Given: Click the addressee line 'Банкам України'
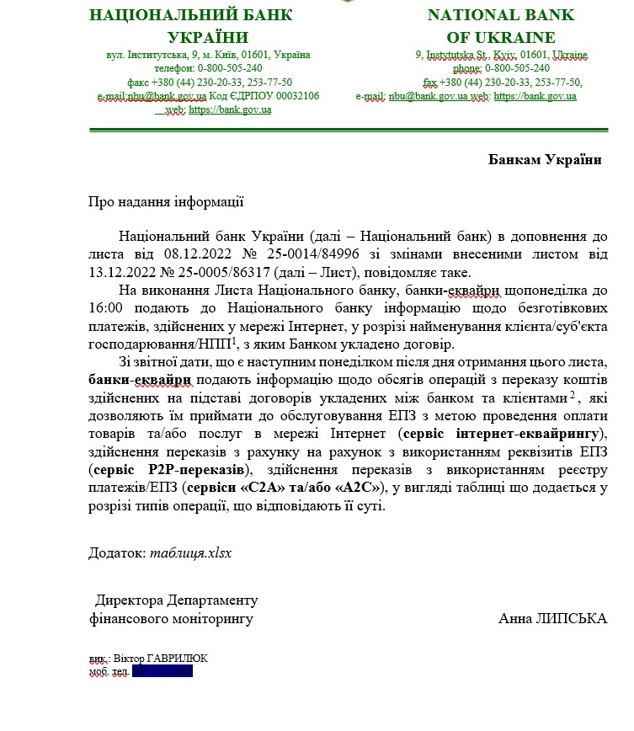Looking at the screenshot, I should point(545,160).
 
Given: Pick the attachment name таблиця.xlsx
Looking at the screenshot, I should point(190,552).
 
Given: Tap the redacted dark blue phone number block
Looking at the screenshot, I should point(162,671).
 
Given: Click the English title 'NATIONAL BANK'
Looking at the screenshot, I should point(500,15).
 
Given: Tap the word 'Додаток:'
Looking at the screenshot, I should point(117,552).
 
